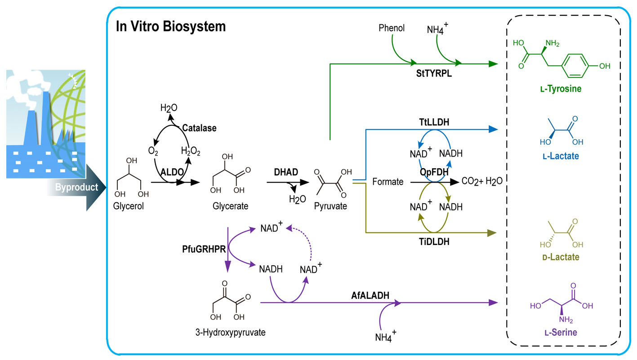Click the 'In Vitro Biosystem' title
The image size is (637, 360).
(x=170, y=27)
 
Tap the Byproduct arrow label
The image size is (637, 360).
(x=76, y=187)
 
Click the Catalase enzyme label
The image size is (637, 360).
(x=199, y=128)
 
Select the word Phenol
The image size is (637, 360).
(x=392, y=28)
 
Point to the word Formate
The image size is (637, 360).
(x=388, y=182)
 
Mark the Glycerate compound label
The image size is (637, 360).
(x=231, y=206)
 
